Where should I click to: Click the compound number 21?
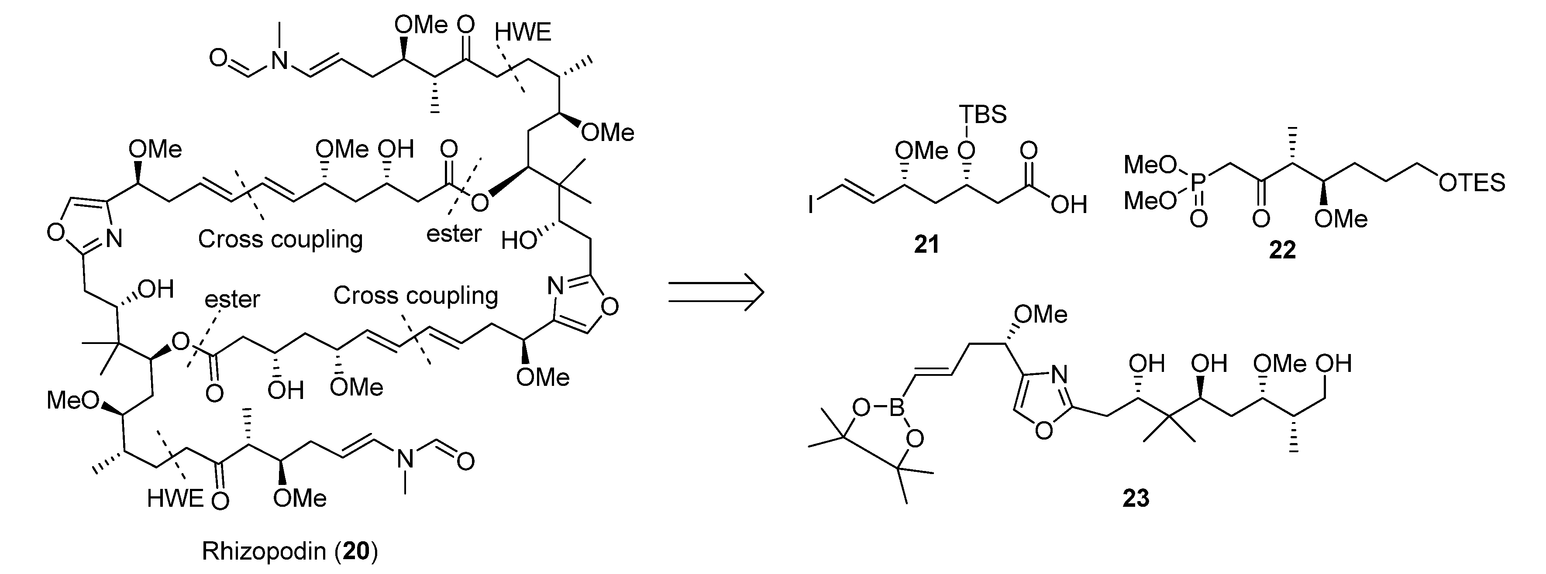[x=926, y=245]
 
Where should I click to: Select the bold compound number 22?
[x=1282, y=250]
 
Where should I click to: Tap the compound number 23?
[x=1136, y=499]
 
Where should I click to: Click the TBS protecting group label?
[x=982, y=114]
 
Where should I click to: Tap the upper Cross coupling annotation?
[x=280, y=239]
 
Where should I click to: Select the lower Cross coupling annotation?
[x=415, y=296]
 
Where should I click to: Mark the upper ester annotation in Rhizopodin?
[x=454, y=234]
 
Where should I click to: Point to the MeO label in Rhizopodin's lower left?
[x=72, y=400]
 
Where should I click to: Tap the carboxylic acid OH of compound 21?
[x=1069, y=206]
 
